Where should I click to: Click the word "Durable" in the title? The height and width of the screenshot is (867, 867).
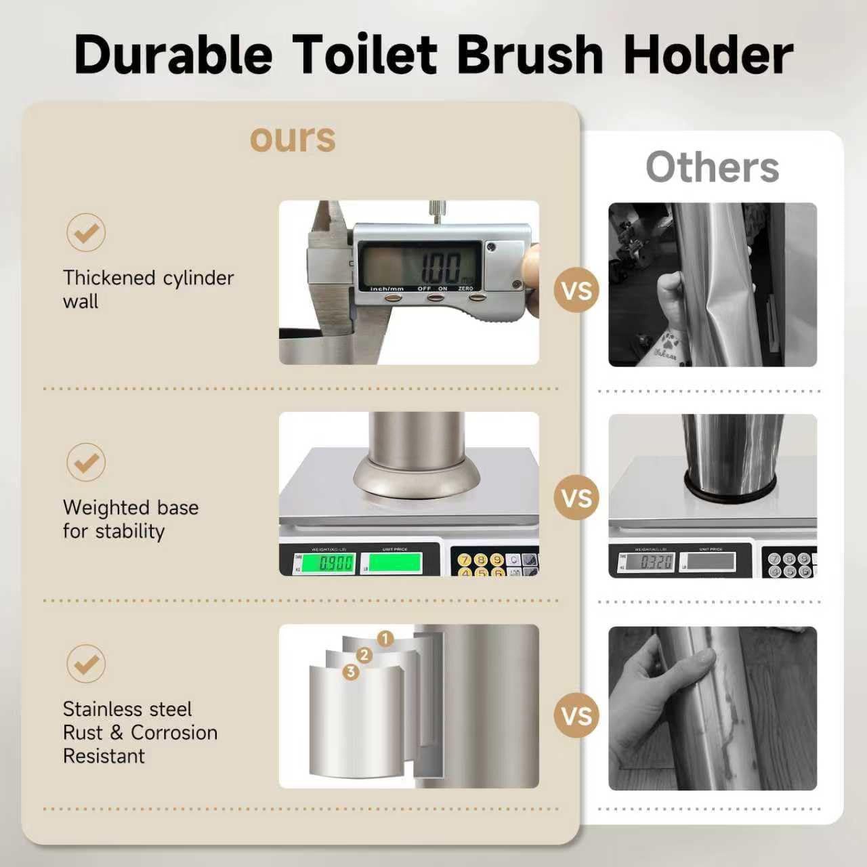[173, 54]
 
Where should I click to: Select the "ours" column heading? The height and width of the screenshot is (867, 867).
[293, 138]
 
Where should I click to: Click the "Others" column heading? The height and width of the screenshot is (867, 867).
[712, 167]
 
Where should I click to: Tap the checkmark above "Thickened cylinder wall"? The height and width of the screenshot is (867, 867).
[86, 232]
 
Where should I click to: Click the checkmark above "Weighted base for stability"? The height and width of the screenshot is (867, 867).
[86, 462]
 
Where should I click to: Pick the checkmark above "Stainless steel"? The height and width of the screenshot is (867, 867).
[86, 663]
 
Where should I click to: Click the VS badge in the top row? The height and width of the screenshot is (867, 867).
[576, 291]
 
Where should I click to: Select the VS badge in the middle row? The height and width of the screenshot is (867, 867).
[576, 499]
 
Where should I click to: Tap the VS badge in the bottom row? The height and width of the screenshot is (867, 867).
[576, 716]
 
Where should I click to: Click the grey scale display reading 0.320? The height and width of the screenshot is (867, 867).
[649, 562]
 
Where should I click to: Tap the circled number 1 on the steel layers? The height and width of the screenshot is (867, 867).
[385, 639]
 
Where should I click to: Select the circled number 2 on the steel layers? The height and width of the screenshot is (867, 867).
[364, 655]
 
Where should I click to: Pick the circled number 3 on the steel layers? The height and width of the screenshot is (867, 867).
[350, 671]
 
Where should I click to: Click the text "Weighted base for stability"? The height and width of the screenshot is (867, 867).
[130, 519]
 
